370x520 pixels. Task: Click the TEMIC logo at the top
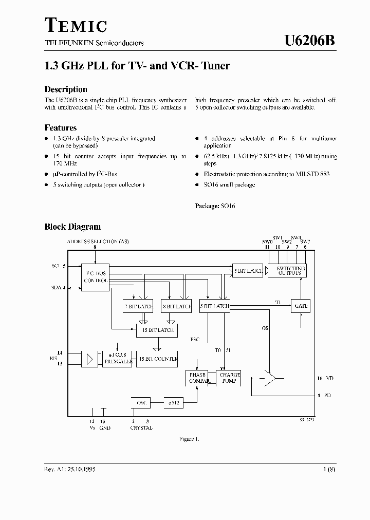pos(76,25)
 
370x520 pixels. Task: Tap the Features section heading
pos(61,128)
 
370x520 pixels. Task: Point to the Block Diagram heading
pos(72,227)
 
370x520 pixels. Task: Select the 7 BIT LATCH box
pos(139,306)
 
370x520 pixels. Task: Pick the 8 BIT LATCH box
pos(176,306)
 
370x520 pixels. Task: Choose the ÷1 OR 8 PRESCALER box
pos(118,359)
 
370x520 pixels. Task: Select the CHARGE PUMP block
pos(230,378)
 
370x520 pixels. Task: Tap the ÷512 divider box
pos(173,403)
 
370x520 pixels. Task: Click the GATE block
pos(301,306)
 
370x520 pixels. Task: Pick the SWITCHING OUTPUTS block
pos(290,271)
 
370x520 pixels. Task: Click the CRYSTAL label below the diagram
pos(141,428)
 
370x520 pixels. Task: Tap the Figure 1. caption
pos(189,439)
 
